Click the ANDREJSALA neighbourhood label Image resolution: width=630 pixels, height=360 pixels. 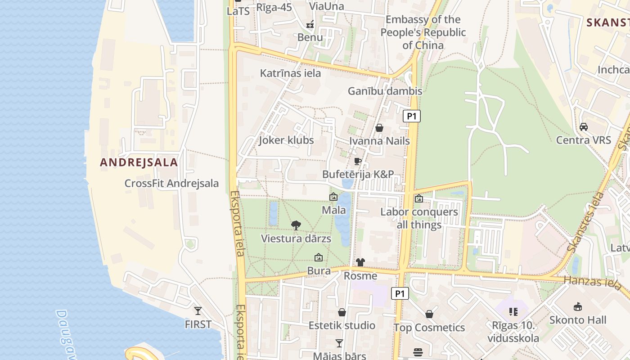(139, 162)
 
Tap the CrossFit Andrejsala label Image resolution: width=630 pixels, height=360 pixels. (171, 184)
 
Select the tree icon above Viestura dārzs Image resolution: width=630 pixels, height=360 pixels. (296, 225)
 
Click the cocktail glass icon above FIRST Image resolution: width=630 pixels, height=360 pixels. (198, 310)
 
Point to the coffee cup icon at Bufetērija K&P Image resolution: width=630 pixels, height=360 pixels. (358, 161)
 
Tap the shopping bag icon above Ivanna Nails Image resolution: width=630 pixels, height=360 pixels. (379, 128)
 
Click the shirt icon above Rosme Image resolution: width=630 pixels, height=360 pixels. (360, 262)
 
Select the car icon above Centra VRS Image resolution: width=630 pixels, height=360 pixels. (584, 127)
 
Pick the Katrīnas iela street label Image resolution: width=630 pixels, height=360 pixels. (290, 73)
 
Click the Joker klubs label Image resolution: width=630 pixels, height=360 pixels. (286, 140)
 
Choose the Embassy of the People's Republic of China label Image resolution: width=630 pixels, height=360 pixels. (423, 32)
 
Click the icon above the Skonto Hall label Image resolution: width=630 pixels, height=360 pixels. (578, 307)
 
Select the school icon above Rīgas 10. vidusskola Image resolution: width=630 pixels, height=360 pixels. (513, 311)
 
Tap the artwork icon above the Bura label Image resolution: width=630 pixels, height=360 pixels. (319, 258)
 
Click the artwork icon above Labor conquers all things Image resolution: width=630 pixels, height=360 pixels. (419, 198)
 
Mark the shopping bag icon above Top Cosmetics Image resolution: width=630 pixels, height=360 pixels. (429, 314)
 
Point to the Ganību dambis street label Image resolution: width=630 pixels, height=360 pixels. (385, 91)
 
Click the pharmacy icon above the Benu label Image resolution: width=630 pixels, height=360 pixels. (310, 24)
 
